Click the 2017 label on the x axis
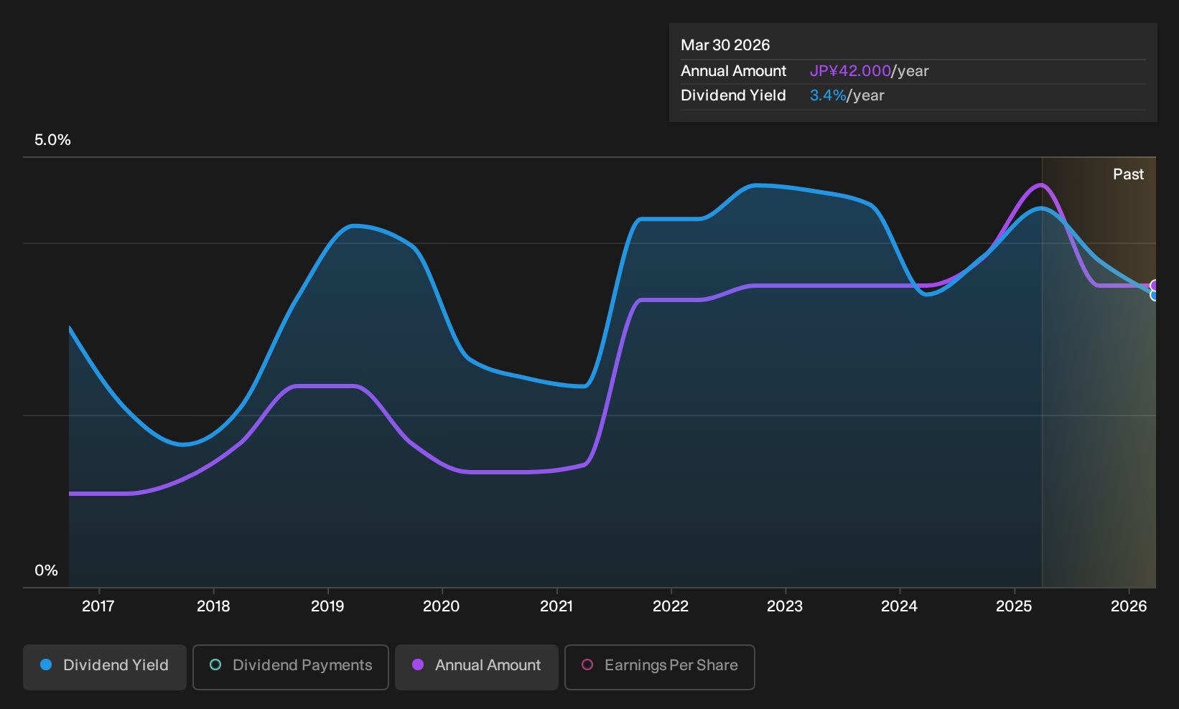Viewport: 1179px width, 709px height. (98, 606)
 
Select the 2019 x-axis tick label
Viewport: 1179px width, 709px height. (327, 606)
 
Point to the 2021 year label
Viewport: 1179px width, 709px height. (556, 606)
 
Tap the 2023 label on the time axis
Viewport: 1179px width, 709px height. (785, 606)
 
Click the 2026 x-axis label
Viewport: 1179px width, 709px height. (1129, 606)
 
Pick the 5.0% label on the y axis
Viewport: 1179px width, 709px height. (52, 140)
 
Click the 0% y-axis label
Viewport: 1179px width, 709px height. (47, 571)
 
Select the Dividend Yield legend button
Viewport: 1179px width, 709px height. (105, 667)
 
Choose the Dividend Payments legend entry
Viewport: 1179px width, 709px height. (291, 667)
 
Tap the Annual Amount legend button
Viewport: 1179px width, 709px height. (476, 667)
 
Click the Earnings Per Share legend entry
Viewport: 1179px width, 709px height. (659, 667)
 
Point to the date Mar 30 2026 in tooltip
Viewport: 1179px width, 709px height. (725, 45)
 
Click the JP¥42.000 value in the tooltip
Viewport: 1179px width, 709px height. (850, 71)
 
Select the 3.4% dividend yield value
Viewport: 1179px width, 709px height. (827, 95)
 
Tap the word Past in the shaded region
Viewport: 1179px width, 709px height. (1128, 174)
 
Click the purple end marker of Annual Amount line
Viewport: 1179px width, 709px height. (1154, 286)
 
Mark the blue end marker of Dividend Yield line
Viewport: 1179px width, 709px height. (1154, 295)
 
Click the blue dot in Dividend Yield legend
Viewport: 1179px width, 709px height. (47, 665)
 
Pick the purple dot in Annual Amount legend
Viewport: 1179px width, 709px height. (418, 665)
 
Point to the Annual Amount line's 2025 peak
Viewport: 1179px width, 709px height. (1040, 184)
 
